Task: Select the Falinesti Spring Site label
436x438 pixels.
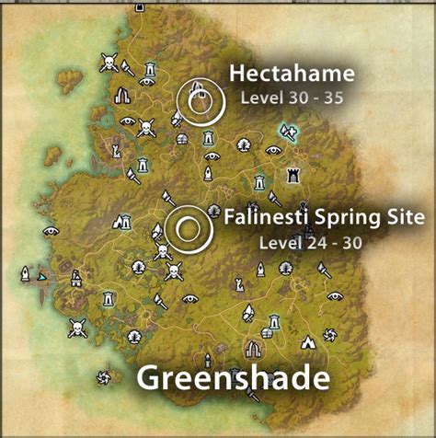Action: pyautogui.click(x=325, y=218)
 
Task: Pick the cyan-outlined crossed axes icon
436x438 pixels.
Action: pyautogui.click(x=290, y=133)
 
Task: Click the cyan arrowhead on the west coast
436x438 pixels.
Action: pyautogui.click(x=40, y=275)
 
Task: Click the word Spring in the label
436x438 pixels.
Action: pyautogui.click(x=333, y=219)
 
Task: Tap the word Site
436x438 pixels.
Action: pyautogui.click(x=403, y=218)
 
